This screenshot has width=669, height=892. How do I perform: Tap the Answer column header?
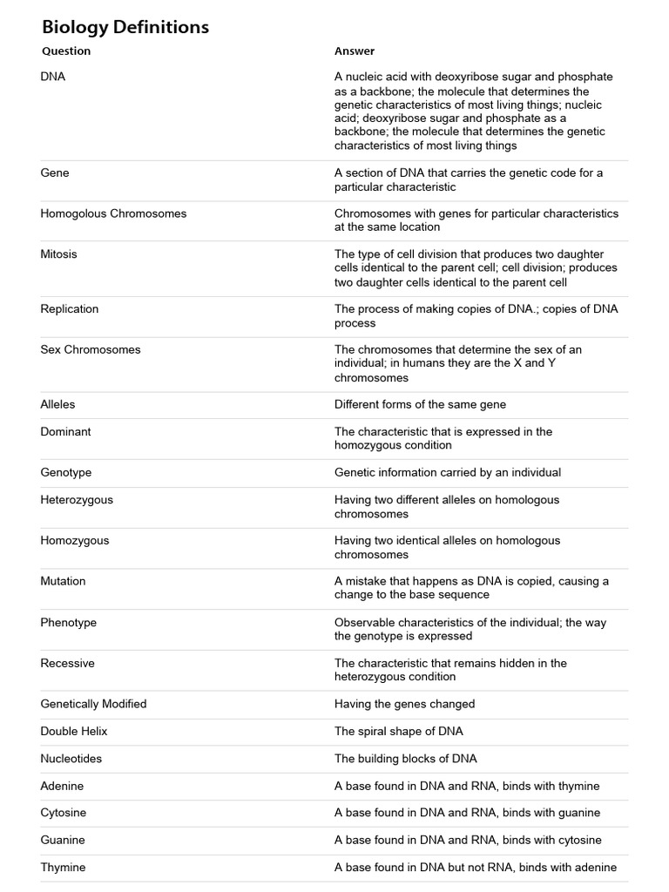(x=355, y=51)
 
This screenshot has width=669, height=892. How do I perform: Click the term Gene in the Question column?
(x=55, y=173)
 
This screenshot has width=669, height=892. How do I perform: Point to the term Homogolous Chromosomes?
(x=113, y=213)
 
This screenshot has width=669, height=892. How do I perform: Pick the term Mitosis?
(x=58, y=254)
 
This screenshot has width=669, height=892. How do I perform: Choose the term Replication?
(x=70, y=309)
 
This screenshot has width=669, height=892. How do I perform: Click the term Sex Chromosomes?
(x=91, y=350)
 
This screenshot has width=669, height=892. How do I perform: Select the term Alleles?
(x=58, y=404)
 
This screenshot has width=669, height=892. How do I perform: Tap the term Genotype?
(x=66, y=472)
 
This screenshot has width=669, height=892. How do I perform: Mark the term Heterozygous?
(x=77, y=500)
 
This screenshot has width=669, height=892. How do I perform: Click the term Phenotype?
(x=69, y=623)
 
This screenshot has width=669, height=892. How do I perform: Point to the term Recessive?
(x=68, y=663)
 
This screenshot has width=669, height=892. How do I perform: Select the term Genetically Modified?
(x=93, y=704)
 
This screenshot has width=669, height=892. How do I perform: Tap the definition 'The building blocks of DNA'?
(x=406, y=759)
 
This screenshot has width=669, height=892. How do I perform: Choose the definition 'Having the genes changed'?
(x=405, y=704)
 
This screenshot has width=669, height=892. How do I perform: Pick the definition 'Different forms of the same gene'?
(x=420, y=404)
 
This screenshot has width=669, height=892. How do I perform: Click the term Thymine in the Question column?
(x=63, y=868)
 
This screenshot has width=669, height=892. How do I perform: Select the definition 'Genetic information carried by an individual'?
(x=448, y=472)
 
